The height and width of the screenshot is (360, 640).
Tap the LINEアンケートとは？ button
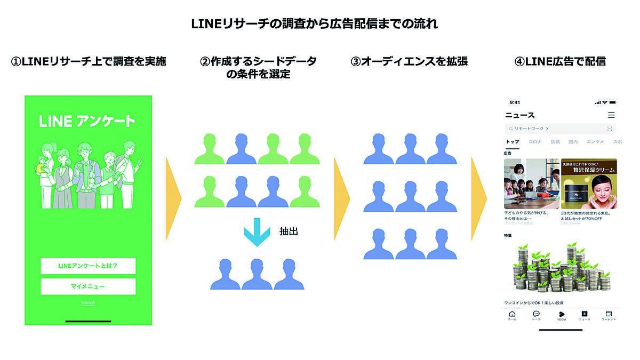tap(88, 266)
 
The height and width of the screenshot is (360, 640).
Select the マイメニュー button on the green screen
tap(88, 286)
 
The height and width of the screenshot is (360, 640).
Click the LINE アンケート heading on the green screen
tap(87, 121)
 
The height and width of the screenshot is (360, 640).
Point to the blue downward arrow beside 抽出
tap(257, 232)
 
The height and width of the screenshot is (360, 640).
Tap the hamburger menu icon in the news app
tap(611, 115)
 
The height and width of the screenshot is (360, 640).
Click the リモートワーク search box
tap(560, 129)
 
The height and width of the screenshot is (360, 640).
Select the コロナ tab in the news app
tap(535, 142)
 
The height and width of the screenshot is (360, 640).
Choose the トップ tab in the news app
tap(512, 142)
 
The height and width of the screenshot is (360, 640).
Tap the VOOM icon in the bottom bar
tap(561, 315)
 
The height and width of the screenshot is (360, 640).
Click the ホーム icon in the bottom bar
tap(512, 315)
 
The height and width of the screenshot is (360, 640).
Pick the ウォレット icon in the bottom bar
tap(609, 315)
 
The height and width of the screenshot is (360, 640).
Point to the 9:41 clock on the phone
tap(515, 102)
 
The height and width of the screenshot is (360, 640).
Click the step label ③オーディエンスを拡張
tap(409, 61)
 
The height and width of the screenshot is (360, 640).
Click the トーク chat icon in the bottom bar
tap(536, 315)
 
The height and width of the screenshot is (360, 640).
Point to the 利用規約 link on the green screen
tap(88, 303)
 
